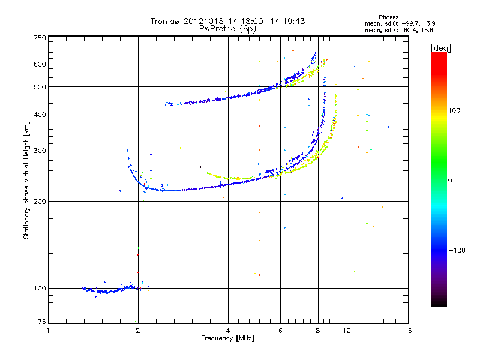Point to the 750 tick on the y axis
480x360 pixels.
pos(40,37)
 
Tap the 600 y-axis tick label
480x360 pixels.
pos(40,64)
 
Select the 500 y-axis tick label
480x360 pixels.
pos(40,87)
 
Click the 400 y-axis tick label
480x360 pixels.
pos(40,115)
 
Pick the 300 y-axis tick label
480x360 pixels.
pos(40,151)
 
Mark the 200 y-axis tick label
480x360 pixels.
pos(40,201)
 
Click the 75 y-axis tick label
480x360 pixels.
pos(41,323)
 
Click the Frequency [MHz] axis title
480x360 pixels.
pos(228,338)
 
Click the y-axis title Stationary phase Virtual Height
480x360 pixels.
pos(26,180)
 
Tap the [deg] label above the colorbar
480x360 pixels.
pos(440,47)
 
